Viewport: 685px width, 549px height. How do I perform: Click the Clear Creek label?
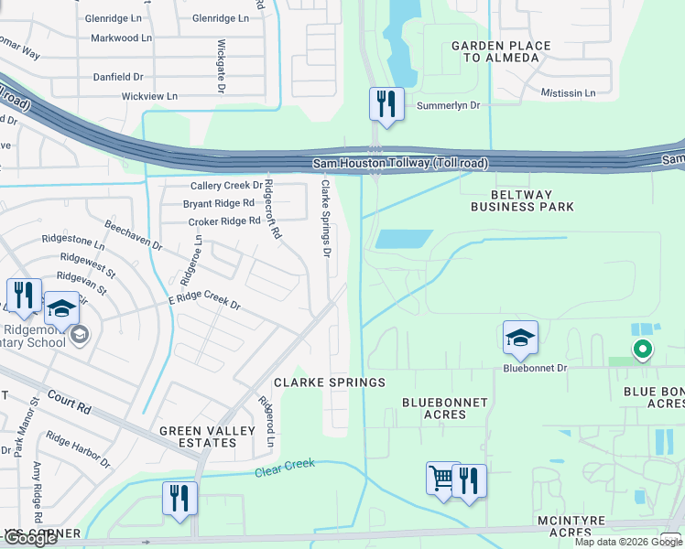[x=284, y=468]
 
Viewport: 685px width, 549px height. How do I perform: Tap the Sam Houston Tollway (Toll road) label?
[x=400, y=163]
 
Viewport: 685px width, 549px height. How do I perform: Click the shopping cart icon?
[x=442, y=479]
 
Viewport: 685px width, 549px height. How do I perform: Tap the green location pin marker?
[x=643, y=349]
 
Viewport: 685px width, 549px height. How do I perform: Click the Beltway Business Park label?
[x=516, y=200]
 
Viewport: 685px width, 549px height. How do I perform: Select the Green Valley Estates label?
[x=198, y=436]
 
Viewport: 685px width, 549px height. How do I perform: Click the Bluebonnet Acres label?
[x=445, y=408]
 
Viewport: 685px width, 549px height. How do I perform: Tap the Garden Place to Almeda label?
[x=501, y=51]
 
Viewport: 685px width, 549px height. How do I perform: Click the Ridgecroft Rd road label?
[x=272, y=209]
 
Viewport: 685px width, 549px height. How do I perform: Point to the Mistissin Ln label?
[x=568, y=93]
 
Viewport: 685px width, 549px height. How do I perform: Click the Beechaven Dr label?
[x=133, y=235]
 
